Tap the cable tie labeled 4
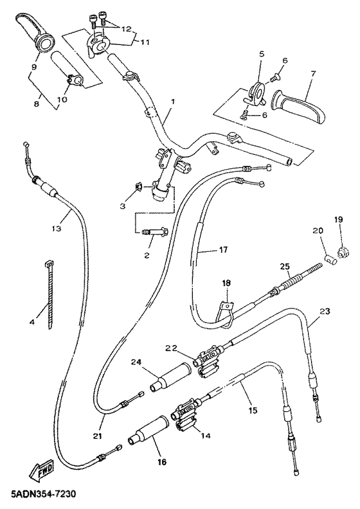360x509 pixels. click(x=49, y=294)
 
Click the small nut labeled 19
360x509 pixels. click(x=343, y=252)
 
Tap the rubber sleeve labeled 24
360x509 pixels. click(x=170, y=377)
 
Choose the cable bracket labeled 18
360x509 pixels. click(x=226, y=313)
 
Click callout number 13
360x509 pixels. click(x=56, y=229)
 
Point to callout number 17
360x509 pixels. click(x=223, y=250)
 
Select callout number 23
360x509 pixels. click(x=325, y=312)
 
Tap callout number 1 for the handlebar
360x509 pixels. click(x=173, y=102)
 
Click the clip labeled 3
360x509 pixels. click(x=138, y=187)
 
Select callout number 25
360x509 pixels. click(x=285, y=267)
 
